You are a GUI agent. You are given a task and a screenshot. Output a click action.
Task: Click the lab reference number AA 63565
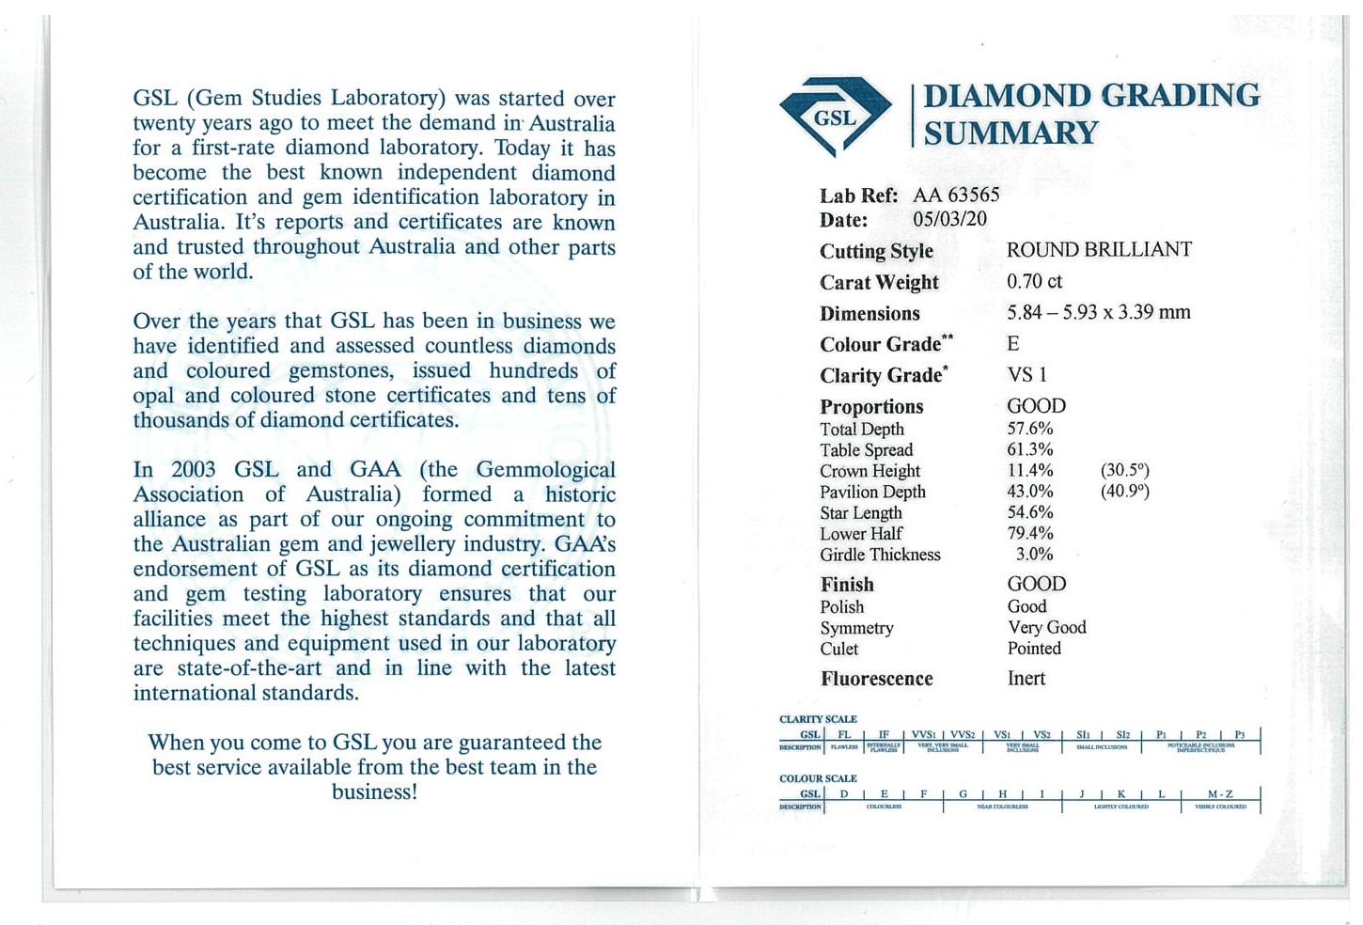click(956, 195)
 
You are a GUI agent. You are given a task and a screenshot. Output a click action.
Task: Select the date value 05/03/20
click(949, 219)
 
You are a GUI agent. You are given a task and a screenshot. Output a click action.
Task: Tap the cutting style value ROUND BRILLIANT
click(1098, 250)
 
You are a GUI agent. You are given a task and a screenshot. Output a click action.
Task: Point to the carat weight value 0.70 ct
click(1034, 281)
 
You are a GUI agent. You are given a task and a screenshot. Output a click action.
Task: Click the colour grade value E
click(1013, 344)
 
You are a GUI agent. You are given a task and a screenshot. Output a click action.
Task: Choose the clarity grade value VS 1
click(1026, 375)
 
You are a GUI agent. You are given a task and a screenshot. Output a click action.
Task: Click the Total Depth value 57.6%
click(1030, 429)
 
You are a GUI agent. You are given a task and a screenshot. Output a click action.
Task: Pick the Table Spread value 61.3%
click(1030, 449)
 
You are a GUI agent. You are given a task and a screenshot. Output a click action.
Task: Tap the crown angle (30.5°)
click(1125, 470)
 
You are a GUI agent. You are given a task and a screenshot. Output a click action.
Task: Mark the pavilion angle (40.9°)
click(1125, 491)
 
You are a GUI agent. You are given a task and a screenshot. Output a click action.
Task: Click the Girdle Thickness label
click(880, 555)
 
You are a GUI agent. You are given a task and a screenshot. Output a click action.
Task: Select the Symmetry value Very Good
click(1046, 627)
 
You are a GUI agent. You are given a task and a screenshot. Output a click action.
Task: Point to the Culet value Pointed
click(1034, 648)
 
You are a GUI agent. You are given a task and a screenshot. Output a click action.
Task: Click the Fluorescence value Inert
click(1026, 678)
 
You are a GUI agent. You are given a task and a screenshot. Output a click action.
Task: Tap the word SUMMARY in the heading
click(1010, 133)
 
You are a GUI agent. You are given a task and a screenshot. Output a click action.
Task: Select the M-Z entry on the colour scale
click(1220, 794)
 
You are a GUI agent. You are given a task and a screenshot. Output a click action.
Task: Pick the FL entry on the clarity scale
click(844, 734)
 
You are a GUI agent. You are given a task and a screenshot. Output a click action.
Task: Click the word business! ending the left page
click(374, 792)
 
